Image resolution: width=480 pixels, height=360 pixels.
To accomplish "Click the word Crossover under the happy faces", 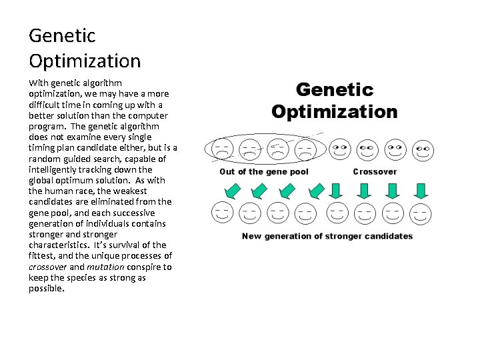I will (375, 171).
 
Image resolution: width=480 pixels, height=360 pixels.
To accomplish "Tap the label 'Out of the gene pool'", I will (264, 171).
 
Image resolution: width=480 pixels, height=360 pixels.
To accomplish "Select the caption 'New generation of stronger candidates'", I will (327, 236).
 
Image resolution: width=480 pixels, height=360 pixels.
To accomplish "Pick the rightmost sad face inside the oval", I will (305, 148).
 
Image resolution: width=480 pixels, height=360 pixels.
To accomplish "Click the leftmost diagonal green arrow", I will (231, 191).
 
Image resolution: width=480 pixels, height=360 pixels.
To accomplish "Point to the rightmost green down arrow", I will (421, 191).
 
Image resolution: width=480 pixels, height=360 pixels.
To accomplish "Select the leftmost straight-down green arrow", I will (337, 191).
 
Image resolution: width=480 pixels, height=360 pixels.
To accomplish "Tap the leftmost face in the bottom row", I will (223, 213).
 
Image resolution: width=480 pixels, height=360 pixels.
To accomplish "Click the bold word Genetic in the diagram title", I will (335, 90).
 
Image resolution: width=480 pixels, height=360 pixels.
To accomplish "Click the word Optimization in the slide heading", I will (85, 61).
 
